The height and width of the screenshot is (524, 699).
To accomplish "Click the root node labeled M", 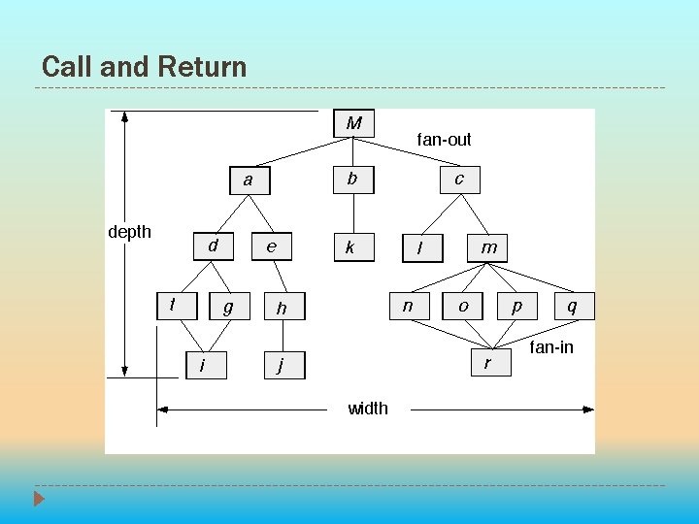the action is point(353,123).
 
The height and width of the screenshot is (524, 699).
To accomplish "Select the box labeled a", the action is point(249,180).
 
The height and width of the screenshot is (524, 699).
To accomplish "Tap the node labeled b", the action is point(352,179).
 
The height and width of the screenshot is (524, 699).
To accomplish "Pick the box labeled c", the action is point(459,179).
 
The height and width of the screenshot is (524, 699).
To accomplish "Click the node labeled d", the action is point(213,246).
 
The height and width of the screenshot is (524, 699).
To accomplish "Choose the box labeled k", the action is point(350,247).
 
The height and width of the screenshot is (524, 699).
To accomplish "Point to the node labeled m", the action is point(489,247).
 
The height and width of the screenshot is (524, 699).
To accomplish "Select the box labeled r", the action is point(487,363).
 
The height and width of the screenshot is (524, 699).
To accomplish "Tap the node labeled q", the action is point(572,306).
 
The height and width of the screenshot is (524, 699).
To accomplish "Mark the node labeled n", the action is point(409,306).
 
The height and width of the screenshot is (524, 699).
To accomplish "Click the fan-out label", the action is point(444,140).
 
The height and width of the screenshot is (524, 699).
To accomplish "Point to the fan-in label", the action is point(551,346).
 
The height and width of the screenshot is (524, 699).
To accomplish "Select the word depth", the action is point(129,232).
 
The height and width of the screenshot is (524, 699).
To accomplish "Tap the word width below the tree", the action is point(368,409).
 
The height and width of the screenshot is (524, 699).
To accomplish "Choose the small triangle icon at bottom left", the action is point(39,499).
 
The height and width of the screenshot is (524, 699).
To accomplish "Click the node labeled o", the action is point(463,306).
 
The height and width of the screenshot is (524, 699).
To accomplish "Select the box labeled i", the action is point(206,365).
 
